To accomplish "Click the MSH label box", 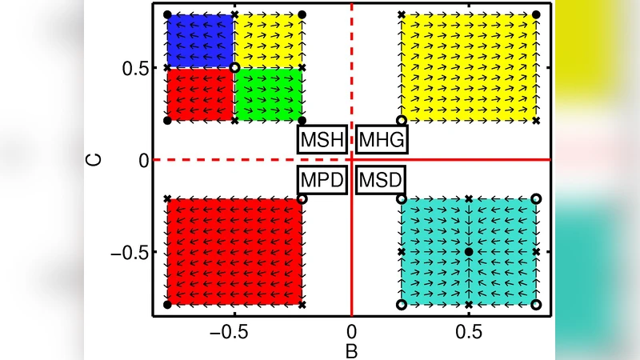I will point(322,141).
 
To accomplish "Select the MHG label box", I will point(382,141).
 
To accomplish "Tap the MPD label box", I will point(322,179).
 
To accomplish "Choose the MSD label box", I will point(380,179).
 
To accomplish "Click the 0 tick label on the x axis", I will point(350,330).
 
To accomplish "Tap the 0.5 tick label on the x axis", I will point(469,330).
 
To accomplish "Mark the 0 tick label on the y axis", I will point(142,160).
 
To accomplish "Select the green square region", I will point(268,94).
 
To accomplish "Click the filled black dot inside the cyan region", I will point(469,252).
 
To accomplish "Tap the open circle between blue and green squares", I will point(234,68).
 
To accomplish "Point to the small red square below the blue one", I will point(200,94).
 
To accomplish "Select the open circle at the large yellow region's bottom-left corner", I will point(402,120).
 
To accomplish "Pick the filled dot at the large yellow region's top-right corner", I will point(536,14).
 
